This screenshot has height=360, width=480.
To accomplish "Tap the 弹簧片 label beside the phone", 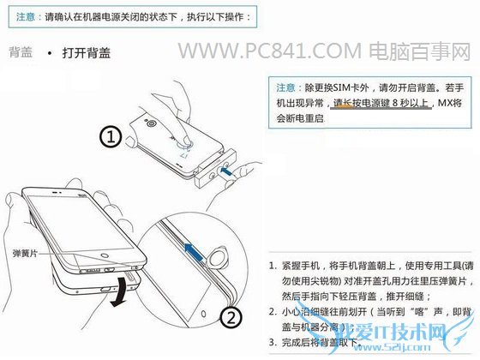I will [26, 255].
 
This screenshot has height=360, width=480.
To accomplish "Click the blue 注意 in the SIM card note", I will [286, 87].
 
